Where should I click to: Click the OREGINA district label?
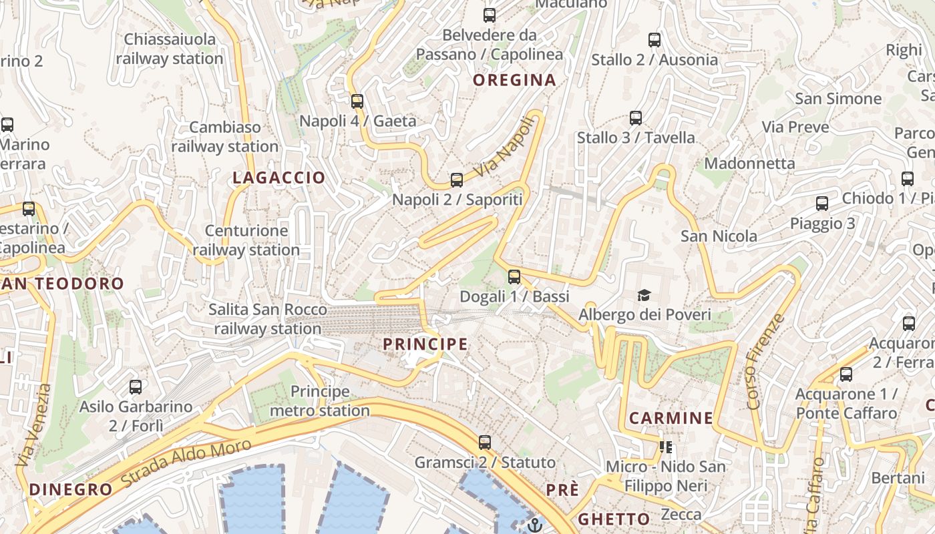click(514, 80)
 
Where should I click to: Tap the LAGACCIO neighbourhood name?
click(278, 178)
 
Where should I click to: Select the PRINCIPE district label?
click(425, 344)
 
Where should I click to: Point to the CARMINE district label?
click(671, 419)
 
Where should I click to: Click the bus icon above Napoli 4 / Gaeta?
click(357, 101)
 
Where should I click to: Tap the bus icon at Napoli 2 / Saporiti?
click(457, 180)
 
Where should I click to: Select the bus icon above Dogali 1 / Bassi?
click(514, 276)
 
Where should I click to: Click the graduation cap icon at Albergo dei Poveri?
click(644, 295)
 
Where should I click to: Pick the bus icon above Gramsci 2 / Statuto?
click(485, 443)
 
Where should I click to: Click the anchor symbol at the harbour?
click(534, 525)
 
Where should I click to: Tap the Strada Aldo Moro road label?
click(187, 462)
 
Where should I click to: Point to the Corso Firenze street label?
click(763, 361)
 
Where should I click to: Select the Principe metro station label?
click(320, 401)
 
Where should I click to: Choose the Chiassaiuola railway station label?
click(170, 49)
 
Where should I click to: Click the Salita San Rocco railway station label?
click(268, 319)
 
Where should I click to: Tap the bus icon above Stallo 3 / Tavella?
click(636, 119)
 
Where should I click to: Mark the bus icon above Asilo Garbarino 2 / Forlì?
click(136, 387)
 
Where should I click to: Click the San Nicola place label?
click(719, 236)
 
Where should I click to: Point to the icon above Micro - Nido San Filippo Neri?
click(665, 447)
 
